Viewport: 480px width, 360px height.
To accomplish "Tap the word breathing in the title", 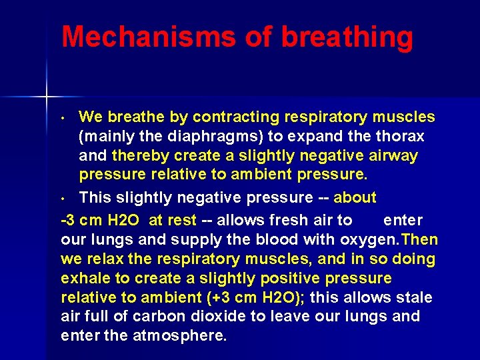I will pyautogui.click(x=347, y=38).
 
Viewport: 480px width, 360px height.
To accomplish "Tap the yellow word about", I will pyautogui.click(x=355, y=198).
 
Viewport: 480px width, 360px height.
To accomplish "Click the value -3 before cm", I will pyautogui.click(x=69, y=220).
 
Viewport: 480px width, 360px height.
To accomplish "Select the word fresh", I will pyautogui.click(x=294, y=220).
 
